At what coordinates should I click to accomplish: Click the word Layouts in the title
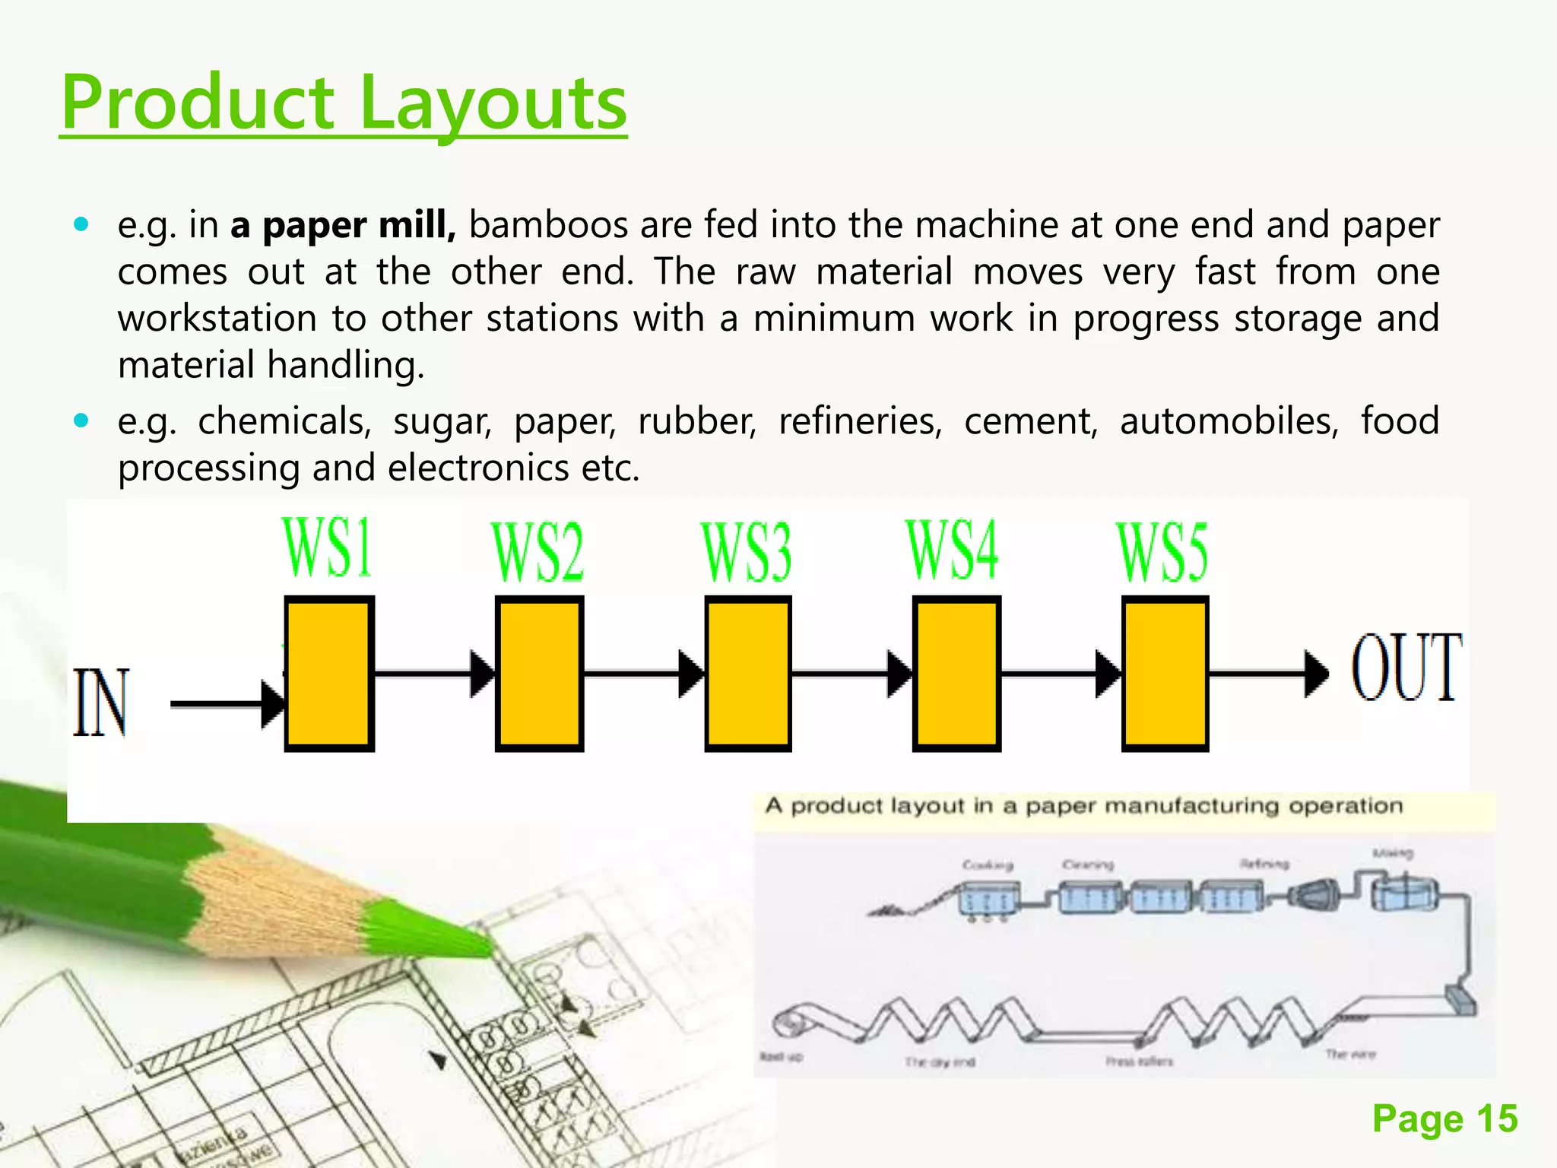[x=493, y=103]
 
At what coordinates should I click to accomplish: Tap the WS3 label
[x=747, y=552]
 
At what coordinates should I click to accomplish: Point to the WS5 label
[x=1162, y=553]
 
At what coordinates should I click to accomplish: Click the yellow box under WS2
[x=539, y=674]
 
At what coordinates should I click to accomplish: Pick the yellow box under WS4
[x=956, y=674]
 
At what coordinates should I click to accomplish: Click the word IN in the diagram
[x=101, y=703]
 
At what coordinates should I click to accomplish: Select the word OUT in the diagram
[x=1406, y=668]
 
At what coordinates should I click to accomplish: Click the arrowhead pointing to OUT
[x=1316, y=674]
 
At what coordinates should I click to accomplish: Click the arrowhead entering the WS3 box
[x=690, y=674]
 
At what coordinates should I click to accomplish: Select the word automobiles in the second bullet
[x=1229, y=421]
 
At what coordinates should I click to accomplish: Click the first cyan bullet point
[x=81, y=224]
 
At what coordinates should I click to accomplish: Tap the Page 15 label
[x=1444, y=1119]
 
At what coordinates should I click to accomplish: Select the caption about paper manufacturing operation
[x=1084, y=806]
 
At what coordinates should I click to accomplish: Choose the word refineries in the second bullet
[x=860, y=421]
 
